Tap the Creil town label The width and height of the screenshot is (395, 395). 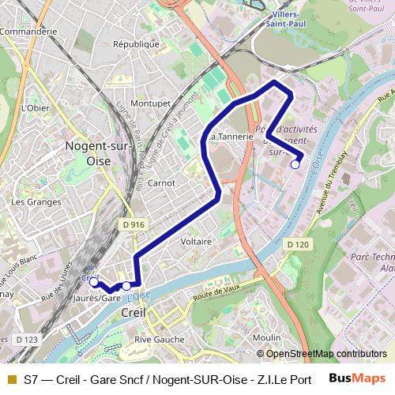tap(135, 313)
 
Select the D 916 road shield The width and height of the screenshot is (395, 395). tap(134, 224)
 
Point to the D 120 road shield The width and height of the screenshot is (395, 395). tap(298, 244)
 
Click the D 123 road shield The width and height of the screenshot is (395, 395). tap(26, 339)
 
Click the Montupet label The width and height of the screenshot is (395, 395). tap(151, 103)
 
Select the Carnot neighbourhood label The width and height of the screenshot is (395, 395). tap(162, 182)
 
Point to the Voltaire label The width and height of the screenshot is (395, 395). tap(196, 241)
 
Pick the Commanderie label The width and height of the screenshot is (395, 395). tap(29, 31)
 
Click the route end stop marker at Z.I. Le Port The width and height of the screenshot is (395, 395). tap(295, 164)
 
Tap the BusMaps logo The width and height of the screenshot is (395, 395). tap(357, 378)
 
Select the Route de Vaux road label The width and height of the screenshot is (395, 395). tap(214, 294)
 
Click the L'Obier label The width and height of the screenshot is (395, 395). tap(36, 107)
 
